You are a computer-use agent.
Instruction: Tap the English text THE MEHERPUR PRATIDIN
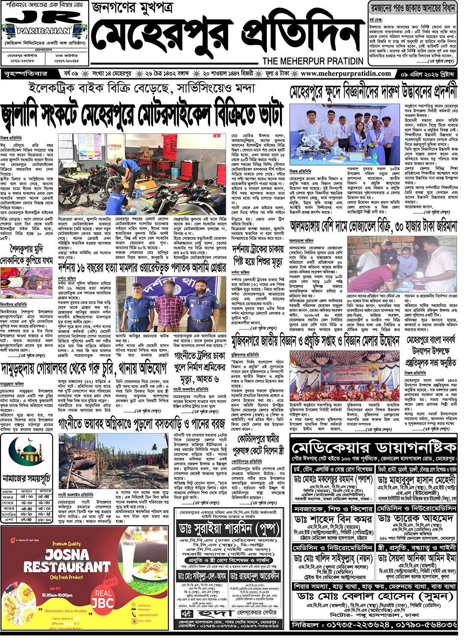pos(313,61)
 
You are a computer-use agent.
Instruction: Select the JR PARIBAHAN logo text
pos(43,24)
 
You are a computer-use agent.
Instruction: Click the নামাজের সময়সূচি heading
pos(27,478)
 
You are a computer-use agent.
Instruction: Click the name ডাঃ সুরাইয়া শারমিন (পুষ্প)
pos(228,529)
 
